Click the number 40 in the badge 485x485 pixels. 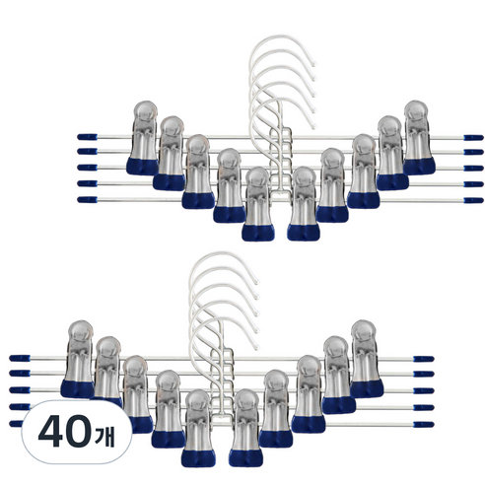tap(65, 431)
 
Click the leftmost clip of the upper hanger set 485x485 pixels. tap(143, 138)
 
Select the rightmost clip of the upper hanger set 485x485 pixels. tap(419, 138)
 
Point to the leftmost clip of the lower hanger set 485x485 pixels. tap(78, 359)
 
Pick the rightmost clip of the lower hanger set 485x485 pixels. tap(367, 359)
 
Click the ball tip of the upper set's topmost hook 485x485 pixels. tap(313, 64)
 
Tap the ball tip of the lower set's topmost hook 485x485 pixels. tap(256, 282)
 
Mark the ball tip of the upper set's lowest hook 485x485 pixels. tap(313, 126)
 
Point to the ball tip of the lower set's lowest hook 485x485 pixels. tap(256, 346)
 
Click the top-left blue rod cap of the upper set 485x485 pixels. tap(88, 137)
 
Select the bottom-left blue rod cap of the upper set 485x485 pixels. tap(88, 199)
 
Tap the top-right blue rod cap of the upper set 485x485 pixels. tap(473, 137)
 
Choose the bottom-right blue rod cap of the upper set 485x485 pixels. tap(473, 200)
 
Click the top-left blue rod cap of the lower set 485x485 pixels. tap(20, 358)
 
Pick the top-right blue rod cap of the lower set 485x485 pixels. tap(424, 359)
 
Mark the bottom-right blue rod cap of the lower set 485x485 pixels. tap(424, 425)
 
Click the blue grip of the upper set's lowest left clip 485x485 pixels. tap(258, 233)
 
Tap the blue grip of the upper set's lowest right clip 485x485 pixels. tap(304, 233)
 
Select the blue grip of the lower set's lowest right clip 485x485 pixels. tap(246, 458)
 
